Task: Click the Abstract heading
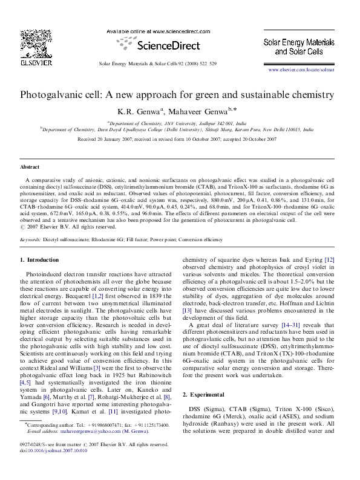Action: pyautogui.click(x=30, y=166)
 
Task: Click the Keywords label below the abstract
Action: pyautogui.click(x=30, y=239)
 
